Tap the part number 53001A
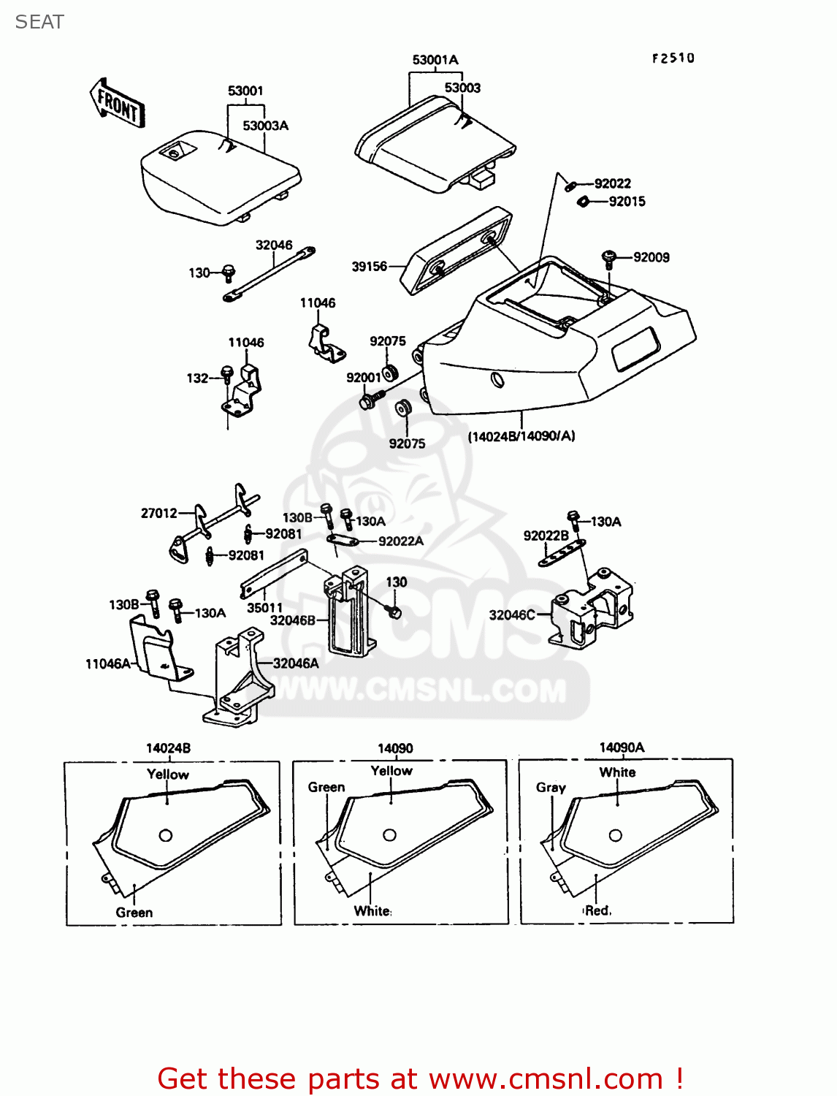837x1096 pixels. coord(435,60)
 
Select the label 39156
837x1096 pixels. coord(370,267)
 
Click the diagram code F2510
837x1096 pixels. coord(673,58)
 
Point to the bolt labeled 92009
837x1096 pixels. coord(609,259)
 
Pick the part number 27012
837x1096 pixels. coord(159,514)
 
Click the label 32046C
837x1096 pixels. coord(511,615)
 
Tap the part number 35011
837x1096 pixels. coord(264,608)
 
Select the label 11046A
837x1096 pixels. coord(108,663)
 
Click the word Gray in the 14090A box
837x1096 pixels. coord(551,788)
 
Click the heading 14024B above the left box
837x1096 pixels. coord(168,748)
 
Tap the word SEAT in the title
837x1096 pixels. coord(39,22)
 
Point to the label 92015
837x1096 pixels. coord(627,202)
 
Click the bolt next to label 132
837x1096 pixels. coord(227,375)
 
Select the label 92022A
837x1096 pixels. coord(401,541)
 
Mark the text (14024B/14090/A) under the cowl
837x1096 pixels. coord(521,436)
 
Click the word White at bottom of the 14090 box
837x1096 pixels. coord(372,910)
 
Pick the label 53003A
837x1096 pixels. coord(266,126)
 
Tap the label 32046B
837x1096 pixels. coord(292,620)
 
